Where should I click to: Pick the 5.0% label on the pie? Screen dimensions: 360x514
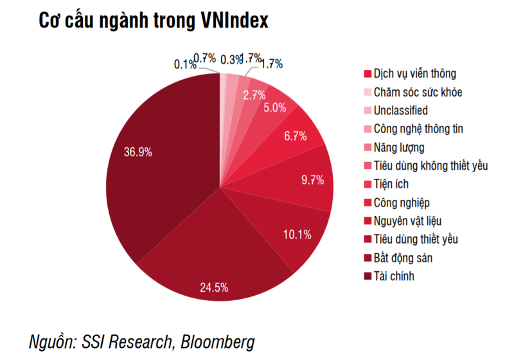point(274,108)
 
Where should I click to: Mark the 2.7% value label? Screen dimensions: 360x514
point(254,94)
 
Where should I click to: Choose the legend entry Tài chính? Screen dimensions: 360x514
point(394,276)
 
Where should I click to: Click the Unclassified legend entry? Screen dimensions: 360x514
point(400,111)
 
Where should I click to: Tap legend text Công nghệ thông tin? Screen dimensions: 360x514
point(418,129)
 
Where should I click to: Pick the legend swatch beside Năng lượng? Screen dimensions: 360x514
point(368,148)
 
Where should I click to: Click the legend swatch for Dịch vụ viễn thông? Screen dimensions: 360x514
point(368,74)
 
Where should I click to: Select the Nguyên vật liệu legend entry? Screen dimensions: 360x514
point(407,221)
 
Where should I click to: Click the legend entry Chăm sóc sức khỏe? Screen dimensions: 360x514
point(417,92)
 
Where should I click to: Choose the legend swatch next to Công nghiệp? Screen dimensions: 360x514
point(368,203)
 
